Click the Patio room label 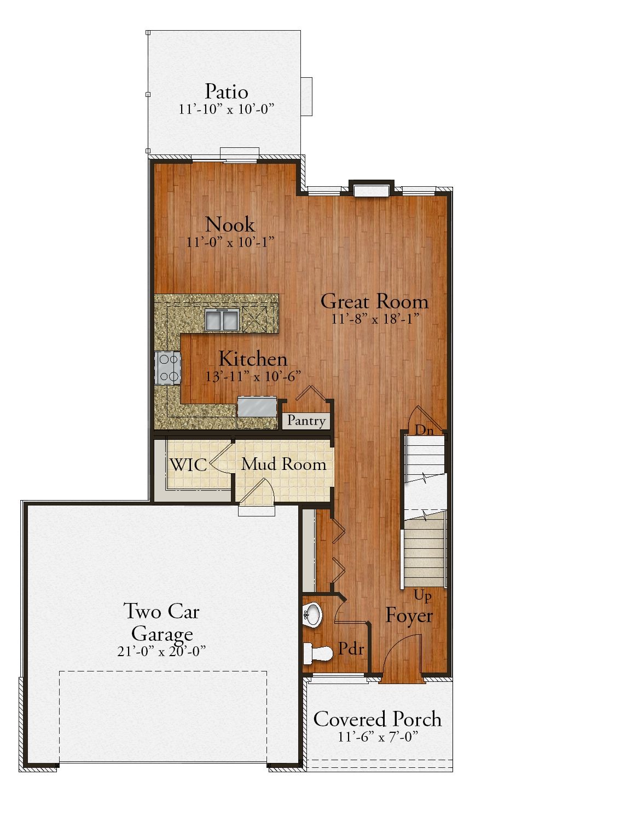pyautogui.click(x=226, y=91)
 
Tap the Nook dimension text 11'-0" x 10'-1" pyautogui.click(x=230, y=242)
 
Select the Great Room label pyautogui.click(x=374, y=301)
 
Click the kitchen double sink pyautogui.click(x=222, y=319)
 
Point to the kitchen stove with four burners pyautogui.click(x=169, y=368)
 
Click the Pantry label pyautogui.click(x=306, y=421)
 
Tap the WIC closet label pyautogui.click(x=188, y=465)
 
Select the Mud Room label pyautogui.click(x=283, y=464)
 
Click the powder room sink pyautogui.click(x=313, y=614)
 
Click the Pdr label pyautogui.click(x=351, y=648)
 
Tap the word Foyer pyautogui.click(x=409, y=616)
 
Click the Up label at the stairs pyautogui.click(x=422, y=595)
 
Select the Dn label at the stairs pyautogui.click(x=424, y=430)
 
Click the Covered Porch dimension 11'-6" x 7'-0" pyautogui.click(x=378, y=737)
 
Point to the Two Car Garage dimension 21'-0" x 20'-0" pyautogui.click(x=161, y=651)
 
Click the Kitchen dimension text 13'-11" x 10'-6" pyautogui.click(x=253, y=377)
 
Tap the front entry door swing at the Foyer pyautogui.click(x=402, y=660)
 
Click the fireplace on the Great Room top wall pyautogui.click(x=371, y=189)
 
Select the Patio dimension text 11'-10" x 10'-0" pyautogui.click(x=226, y=109)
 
